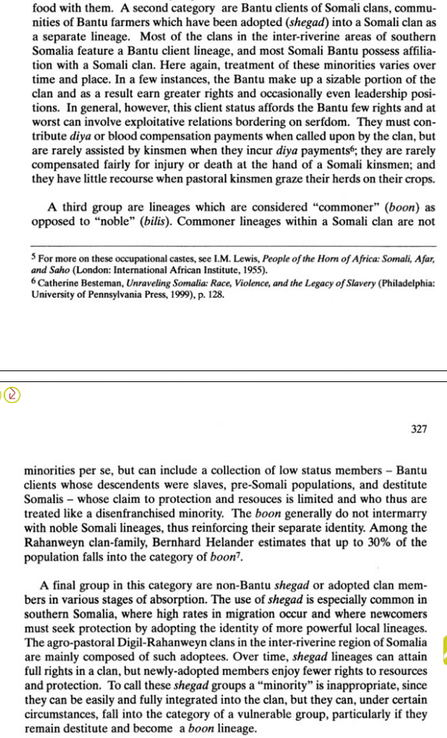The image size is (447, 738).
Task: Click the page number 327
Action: pyautogui.click(x=418, y=428)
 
